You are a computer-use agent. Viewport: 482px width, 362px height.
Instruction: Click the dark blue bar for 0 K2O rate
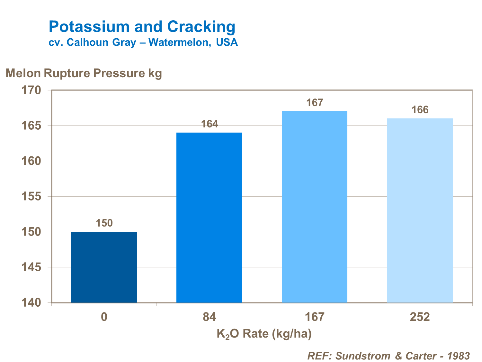[x=104, y=267]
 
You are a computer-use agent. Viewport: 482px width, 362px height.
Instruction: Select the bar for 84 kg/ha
[x=209, y=218]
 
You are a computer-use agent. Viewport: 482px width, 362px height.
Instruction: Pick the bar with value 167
[x=314, y=207]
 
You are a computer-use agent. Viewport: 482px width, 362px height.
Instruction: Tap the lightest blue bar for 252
[x=420, y=210]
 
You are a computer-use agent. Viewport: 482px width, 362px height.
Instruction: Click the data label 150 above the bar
[x=104, y=223]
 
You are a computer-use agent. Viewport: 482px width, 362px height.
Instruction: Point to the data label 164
[x=209, y=124]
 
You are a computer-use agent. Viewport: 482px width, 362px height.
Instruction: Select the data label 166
[x=420, y=110]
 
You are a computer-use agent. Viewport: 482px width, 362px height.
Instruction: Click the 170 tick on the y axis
[x=31, y=90]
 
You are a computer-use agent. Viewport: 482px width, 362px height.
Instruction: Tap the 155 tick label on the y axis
[x=31, y=196]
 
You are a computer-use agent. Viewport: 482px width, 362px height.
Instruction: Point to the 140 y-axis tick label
[x=31, y=302]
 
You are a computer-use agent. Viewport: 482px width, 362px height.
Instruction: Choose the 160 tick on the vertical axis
[x=31, y=161]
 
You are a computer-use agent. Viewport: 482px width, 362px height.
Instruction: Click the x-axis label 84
[x=209, y=317]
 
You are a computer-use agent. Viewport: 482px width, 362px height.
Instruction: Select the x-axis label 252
[x=420, y=317]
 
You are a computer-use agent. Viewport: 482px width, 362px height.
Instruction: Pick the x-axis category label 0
[x=104, y=317]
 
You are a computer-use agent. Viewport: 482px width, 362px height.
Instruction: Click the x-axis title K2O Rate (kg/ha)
[x=264, y=334]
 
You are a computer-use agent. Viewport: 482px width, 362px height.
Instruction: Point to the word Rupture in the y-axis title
[x=67, y=73]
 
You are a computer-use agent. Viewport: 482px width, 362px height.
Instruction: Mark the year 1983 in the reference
[x=459, y=356]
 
